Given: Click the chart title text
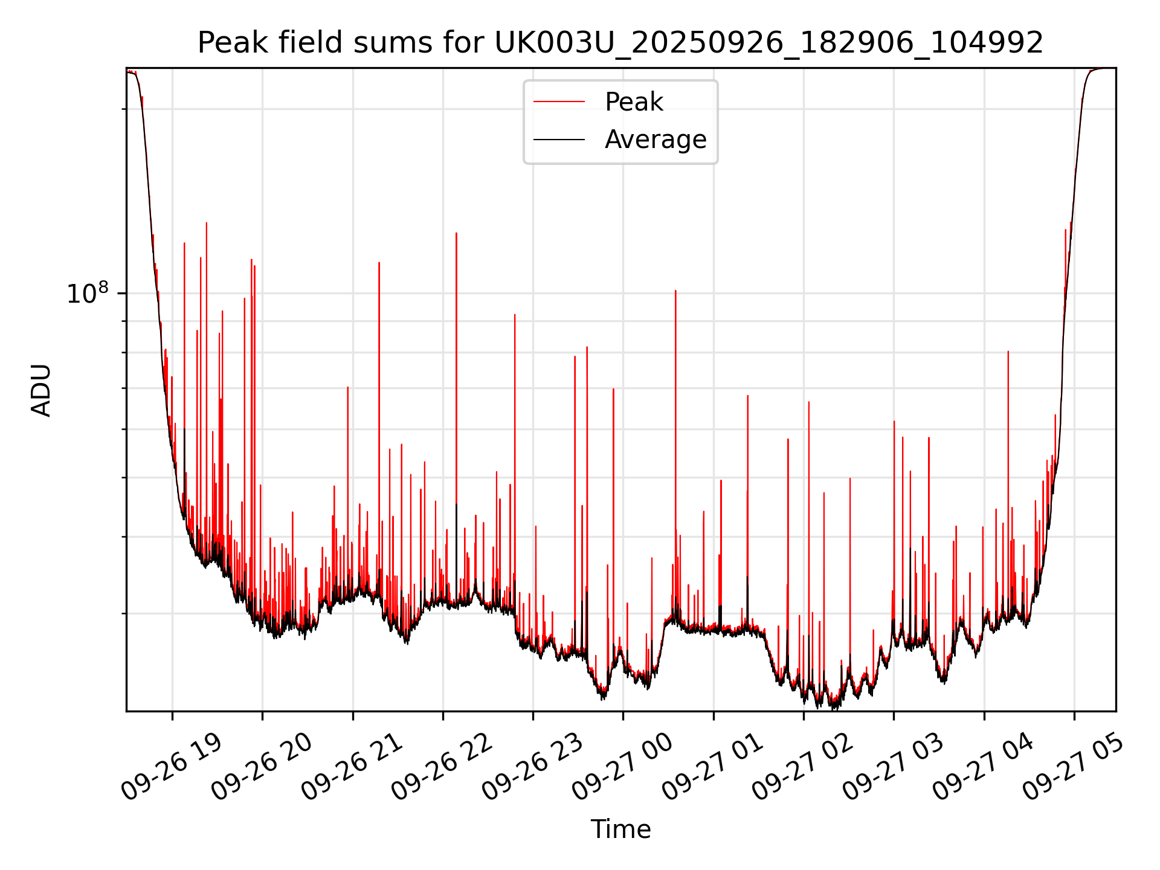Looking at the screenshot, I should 620,43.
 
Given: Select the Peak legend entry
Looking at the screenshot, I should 634,102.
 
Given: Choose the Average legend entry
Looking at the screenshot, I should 656,140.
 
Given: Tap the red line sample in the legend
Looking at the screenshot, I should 559,102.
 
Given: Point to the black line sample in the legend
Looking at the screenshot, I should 559,140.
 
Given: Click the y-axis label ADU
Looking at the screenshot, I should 42,390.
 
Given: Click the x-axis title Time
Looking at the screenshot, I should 620,830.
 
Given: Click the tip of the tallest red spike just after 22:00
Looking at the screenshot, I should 456,233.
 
